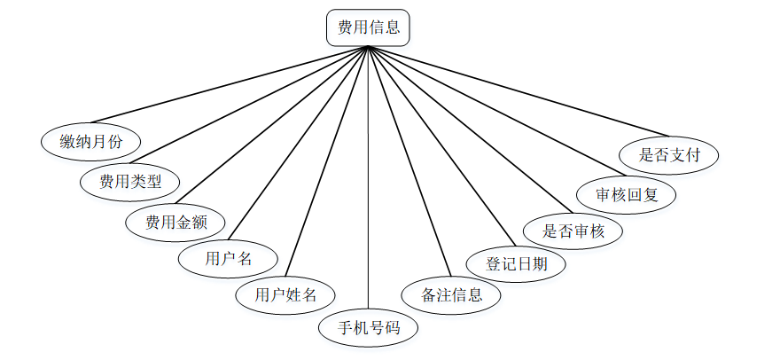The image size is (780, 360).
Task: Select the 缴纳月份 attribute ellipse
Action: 91,141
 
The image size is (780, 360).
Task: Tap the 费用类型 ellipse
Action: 129,182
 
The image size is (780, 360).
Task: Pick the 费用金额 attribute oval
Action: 176,222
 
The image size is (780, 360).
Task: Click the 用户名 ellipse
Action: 229,259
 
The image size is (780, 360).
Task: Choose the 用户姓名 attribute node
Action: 285,294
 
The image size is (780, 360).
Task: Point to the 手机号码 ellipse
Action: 369,328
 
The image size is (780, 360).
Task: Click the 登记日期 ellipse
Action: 517,263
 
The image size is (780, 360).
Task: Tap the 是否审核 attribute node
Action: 573,231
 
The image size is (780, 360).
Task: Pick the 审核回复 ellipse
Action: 627,193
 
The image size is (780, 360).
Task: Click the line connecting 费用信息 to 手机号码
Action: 369,177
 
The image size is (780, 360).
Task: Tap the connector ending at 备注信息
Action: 408,162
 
